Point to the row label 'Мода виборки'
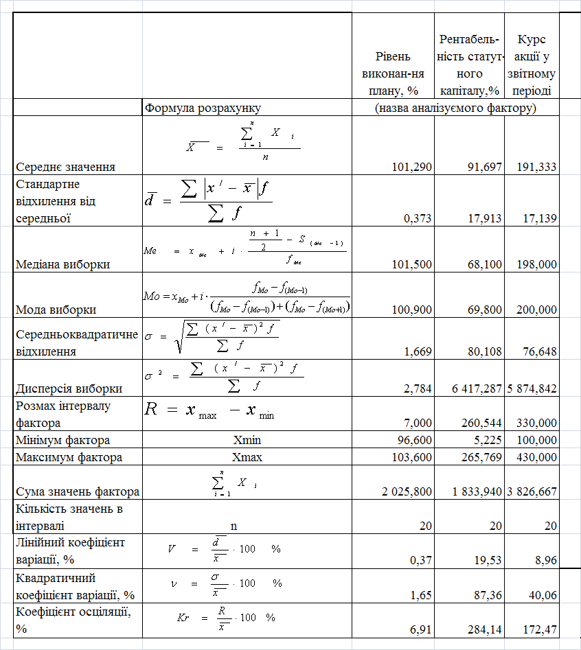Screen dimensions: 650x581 click(56, 309)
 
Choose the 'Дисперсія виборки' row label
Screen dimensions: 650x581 click(69, 388)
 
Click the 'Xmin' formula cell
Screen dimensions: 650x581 click(247, 440)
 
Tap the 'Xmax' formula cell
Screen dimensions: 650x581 click(247, 457)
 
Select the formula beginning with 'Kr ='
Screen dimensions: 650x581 click(226, 617)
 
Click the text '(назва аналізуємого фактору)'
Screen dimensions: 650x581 click(455, 108)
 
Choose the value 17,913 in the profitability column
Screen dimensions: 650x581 click(481, 218)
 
